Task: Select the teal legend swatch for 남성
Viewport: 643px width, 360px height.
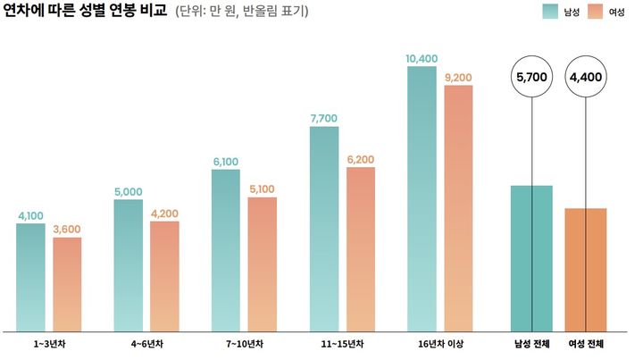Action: click(x=550, y=12)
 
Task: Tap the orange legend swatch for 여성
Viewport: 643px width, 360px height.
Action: click(x=597, y=12)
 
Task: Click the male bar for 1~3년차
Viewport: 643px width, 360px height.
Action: click(x=30, y=277)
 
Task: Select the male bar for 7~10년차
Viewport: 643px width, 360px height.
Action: click(x=226, y=250)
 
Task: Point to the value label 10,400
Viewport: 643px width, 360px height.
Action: click(x=422, y=59)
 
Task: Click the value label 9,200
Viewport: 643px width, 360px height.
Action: click(x=458, y=78)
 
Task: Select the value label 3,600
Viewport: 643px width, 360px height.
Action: click(x=67, y=230)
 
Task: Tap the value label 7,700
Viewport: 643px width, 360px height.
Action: click(x=324, y=119)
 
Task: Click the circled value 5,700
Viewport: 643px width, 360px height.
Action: click(x=531, y=78)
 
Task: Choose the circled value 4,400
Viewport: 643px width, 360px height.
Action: click(x=585, y=78)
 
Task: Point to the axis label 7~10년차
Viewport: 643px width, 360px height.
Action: click(x=244, y=344)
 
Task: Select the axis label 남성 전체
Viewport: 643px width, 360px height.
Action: click(x=531, y=344)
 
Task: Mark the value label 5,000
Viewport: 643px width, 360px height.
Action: click(x=129, y=191)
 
